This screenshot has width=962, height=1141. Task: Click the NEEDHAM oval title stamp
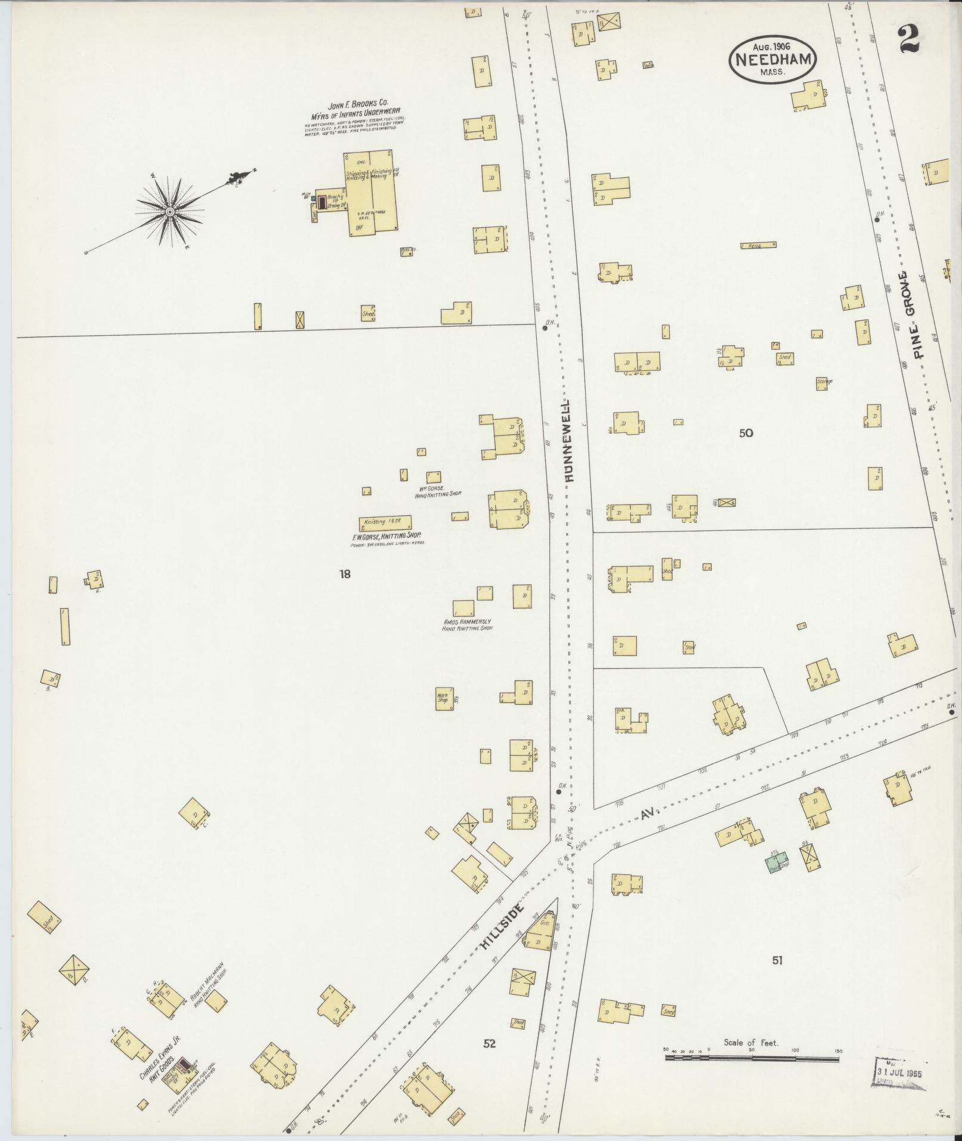point(772,59)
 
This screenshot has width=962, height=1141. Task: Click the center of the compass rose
point(170,212)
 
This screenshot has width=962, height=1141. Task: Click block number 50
point(746,433)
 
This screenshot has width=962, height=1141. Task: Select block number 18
point(345,574)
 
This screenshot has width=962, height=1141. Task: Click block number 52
point(490,1044)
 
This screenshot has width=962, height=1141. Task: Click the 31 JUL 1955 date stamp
point(900,1071)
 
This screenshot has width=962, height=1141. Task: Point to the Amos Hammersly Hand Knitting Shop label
point(467,624)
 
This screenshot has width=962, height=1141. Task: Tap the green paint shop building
point(777,862)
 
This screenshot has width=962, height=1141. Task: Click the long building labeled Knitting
point(385,522)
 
